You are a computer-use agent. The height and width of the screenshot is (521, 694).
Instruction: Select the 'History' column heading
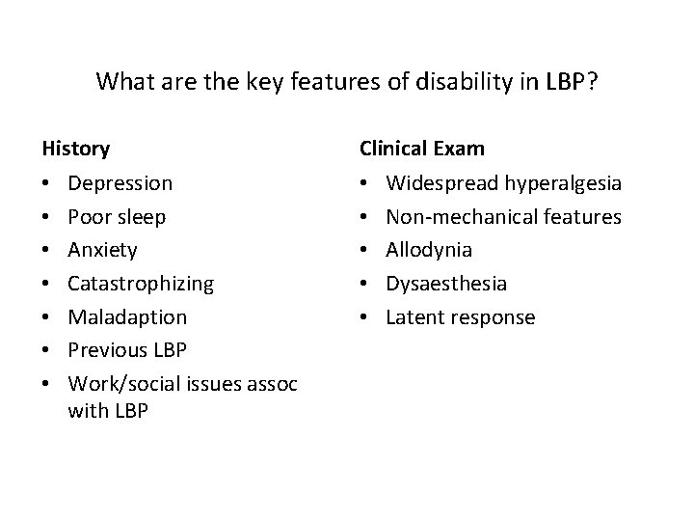pos(75,149)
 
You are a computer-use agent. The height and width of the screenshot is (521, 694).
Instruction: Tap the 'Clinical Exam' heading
pos(422,149)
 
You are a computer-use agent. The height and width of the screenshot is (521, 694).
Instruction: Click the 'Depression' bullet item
pos(121,182)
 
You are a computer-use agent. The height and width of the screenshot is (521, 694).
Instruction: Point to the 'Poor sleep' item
pos(117,216)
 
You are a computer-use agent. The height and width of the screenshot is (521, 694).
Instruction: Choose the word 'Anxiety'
pos(103,250)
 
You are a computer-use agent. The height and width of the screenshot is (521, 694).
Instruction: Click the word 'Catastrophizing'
pos(142,284)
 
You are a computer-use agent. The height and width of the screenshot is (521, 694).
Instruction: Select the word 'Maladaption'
pos(128,317)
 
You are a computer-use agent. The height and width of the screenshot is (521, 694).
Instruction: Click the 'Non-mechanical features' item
pos(503,216)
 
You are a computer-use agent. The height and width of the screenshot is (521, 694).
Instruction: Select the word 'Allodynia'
pos(429,250)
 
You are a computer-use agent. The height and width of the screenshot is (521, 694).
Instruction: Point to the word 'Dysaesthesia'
pos(446,284)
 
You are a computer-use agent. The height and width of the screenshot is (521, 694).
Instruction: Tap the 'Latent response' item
pos(460,317)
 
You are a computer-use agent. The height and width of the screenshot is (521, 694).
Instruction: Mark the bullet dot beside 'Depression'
pos(47,183)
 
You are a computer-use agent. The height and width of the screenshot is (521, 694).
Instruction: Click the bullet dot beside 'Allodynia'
pos(365,251)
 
